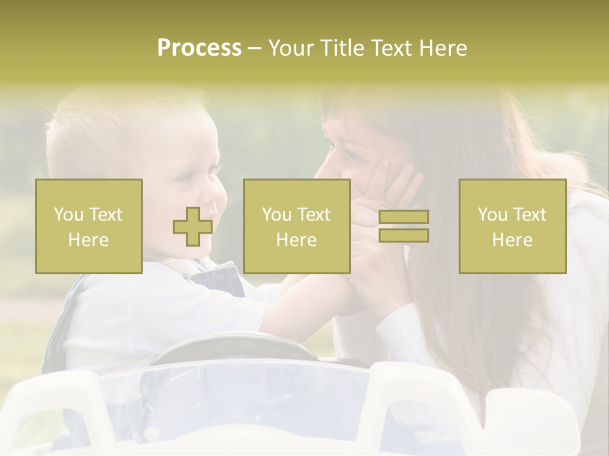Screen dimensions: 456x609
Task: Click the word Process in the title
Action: pos(199,48)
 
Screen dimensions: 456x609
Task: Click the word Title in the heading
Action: pos(343,48)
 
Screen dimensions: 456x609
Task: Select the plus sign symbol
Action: pos(193,227)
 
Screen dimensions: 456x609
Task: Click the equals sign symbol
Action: pos(403,226)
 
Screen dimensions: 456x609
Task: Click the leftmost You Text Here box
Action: pos(89,226)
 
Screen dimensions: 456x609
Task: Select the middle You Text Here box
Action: pos(296,226)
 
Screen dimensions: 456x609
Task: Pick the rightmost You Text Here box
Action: pos(512,226)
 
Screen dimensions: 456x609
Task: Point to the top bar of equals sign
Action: pos(403,217)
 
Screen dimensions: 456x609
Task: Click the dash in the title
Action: pos(255,48)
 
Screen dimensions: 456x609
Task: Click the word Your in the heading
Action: pos(292,48)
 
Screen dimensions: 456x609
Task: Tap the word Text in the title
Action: pos(391,48)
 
